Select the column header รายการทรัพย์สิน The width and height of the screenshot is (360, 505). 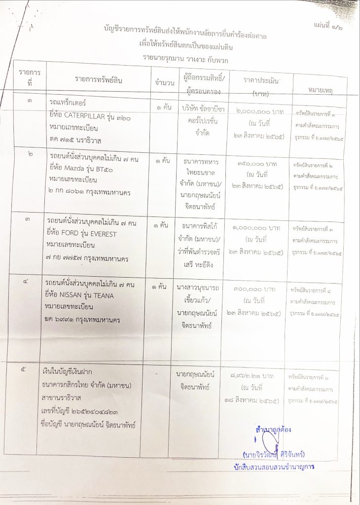[x=98, y=79]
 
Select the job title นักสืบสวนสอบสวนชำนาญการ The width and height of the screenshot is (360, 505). [x=275, y=466]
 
